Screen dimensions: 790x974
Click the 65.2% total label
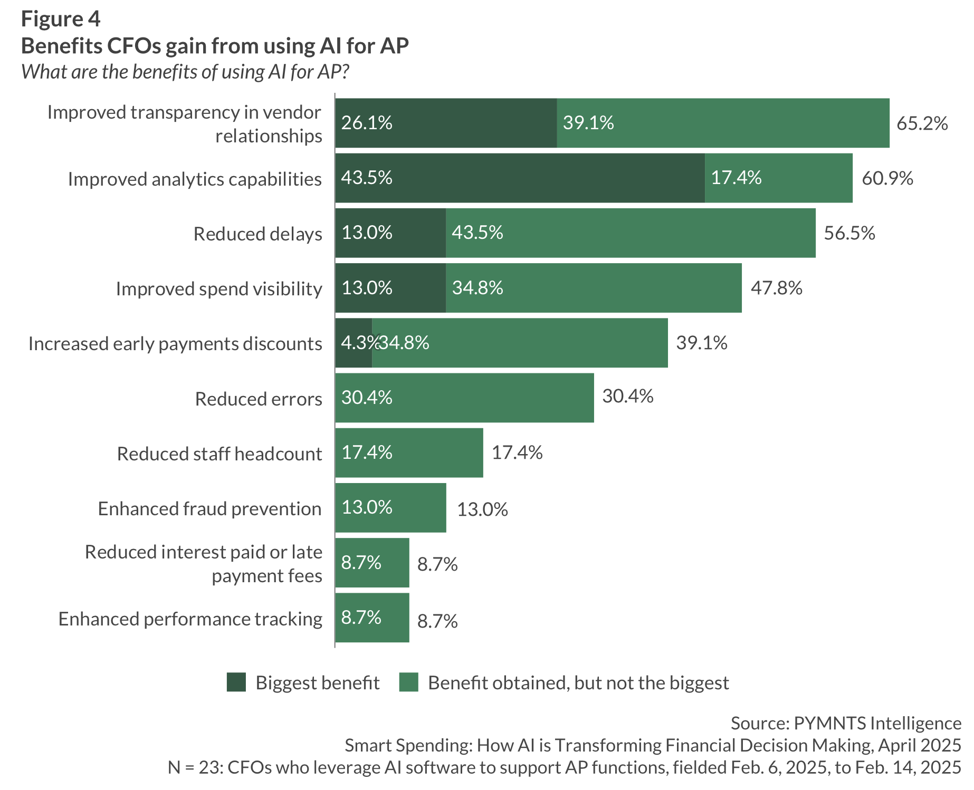(x=922, y=123)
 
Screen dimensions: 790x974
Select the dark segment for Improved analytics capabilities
(x=520, y=178)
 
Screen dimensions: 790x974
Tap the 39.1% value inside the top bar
(x=588, y=123)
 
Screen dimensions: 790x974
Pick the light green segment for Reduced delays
(x=631, y=233)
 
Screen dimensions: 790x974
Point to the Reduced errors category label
(x=259, y=399)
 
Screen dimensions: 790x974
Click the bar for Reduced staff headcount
(x=409, y=453)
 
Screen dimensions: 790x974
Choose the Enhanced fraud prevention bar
(x=390, y=508)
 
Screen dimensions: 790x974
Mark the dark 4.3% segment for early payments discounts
(x=354, y=343)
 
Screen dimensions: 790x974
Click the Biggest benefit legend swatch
(x=236, y=682)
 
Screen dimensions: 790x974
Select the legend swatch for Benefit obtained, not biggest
(x=409, y=682)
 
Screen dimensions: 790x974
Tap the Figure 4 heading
(x=61, y=19)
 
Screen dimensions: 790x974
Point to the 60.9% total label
(x=887, y=178)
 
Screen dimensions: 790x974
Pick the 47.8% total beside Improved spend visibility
(x=776, y=288)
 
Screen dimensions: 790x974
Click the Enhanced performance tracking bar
(x=372, y=618)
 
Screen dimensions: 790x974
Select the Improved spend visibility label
(x=219, y=289)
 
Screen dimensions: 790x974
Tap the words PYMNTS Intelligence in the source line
(x=877, y=723)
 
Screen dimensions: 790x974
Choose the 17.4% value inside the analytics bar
(x=736, y=178)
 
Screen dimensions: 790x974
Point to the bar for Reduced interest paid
(x=372, y=563)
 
